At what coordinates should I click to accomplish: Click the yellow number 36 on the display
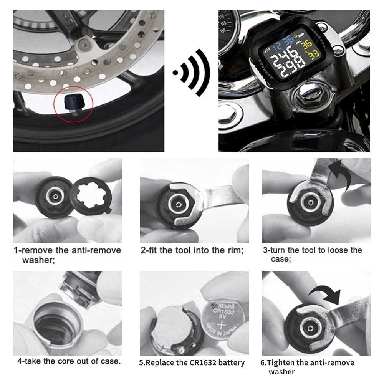tap(306, 44)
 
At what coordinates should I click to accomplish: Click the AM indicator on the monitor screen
tap(267, 50)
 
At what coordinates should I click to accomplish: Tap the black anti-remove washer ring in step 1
tap(91, 196)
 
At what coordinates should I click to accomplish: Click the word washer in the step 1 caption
tap(38, 260)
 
